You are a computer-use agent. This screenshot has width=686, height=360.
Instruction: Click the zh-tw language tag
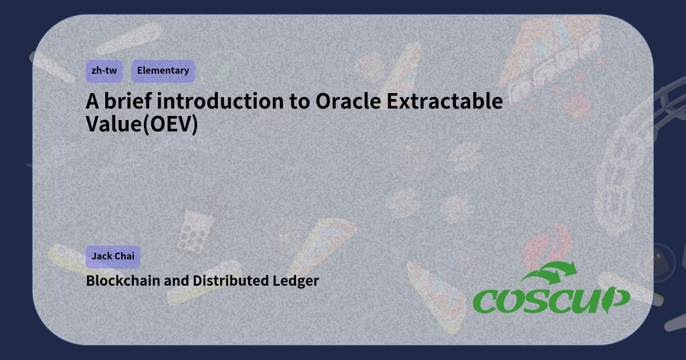[x=104, y=71]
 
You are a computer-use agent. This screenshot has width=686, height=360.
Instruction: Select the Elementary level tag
[x=163, y=71]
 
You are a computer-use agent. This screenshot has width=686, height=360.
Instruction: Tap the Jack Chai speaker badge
[x=113, y=256]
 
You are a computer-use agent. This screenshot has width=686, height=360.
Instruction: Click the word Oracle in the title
[x=348, y=101]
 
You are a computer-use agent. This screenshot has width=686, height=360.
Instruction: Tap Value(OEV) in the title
[x=142, y=123]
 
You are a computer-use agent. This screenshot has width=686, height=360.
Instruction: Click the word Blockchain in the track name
[x=123, y=281]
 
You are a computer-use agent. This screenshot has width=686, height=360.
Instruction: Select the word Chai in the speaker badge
[x=125, y=256]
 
